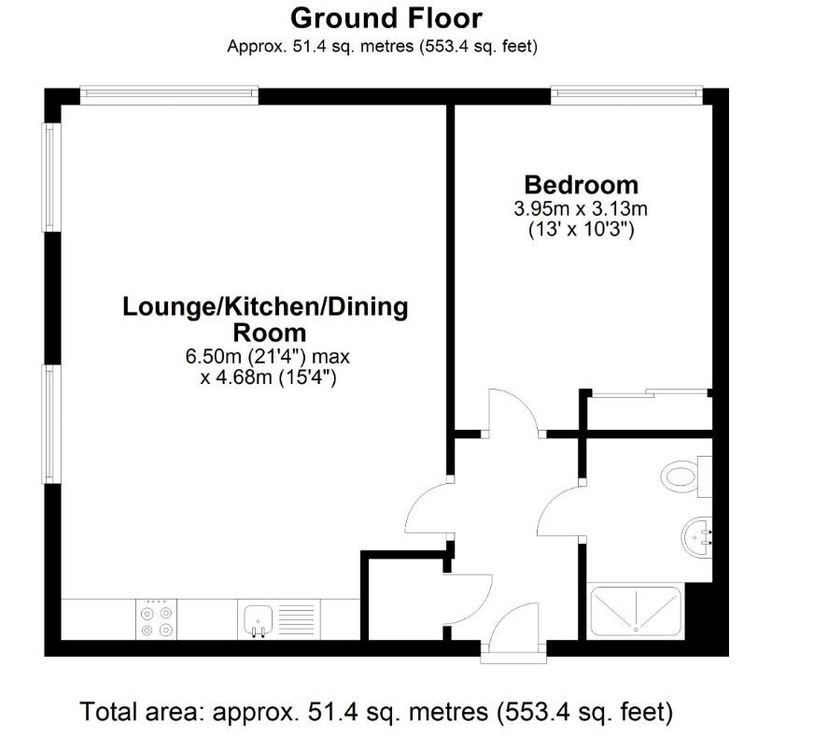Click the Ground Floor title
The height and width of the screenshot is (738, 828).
click(x=386, y=19)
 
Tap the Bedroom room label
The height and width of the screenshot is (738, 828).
click(x=581, y=185)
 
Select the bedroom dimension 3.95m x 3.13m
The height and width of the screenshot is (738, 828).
click(x=581, y=208)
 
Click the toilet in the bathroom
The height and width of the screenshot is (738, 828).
click(x=686, y=476)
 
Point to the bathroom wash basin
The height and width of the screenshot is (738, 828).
click(x=696, y=536)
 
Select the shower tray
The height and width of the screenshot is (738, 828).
click(x=636, y=612)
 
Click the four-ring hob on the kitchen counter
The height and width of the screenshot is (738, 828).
click(x=156, y=619)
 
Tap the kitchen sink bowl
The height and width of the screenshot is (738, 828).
click(x=259, y=619)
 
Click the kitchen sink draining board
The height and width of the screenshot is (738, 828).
click(x=296, y=619)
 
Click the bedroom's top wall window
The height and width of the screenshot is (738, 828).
click(x=626, y=94)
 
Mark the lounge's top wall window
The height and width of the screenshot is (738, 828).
click(x=169, y=94)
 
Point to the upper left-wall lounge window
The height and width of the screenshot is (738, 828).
click(x=50, y=177)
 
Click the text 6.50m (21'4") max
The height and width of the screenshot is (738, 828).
click(x=268, y=357)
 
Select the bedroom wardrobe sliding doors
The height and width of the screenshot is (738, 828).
click(x=650, y=393)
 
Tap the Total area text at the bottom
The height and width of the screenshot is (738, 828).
click(x=376, y=712)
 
